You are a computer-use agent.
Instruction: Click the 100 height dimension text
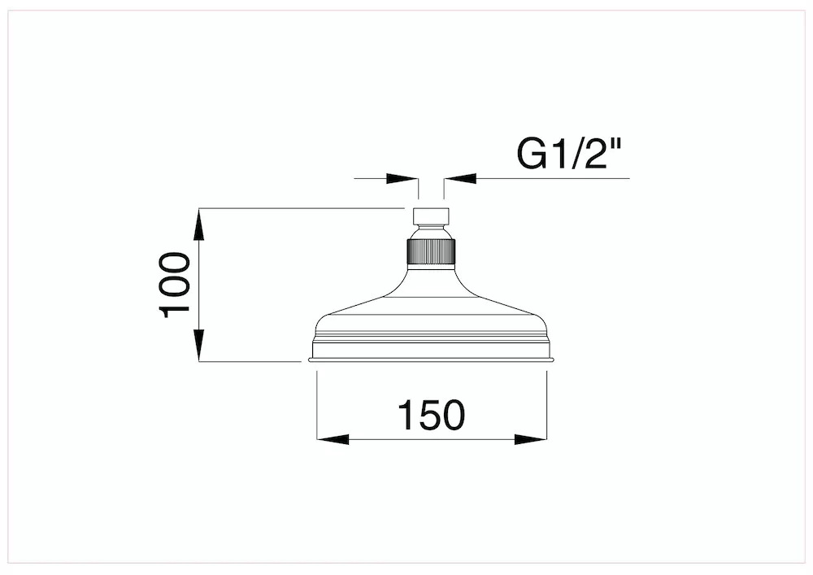coord(174,285)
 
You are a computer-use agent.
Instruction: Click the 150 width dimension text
coord(432,415)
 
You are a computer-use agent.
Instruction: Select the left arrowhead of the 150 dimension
coord(333,440)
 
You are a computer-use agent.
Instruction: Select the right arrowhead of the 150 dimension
coord(530,440)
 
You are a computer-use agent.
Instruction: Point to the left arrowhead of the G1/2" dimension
coord(402,178)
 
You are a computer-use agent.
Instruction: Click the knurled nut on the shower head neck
coord(431,252)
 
